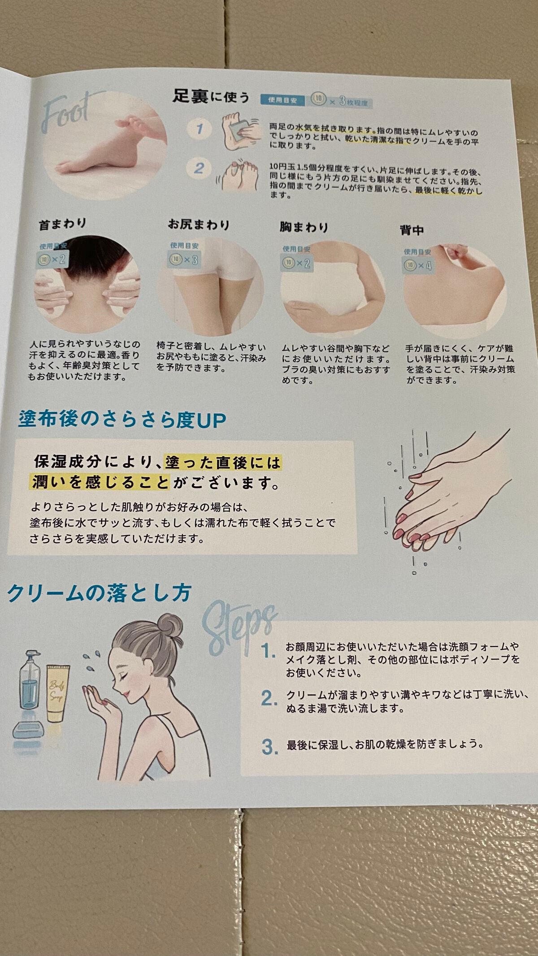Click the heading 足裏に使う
click(211, 97)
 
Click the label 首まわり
click(62, 224)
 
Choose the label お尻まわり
click(199, 224)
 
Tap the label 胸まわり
click(304, 227)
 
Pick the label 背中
click(411, 230)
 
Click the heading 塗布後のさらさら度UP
click(122, 420)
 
